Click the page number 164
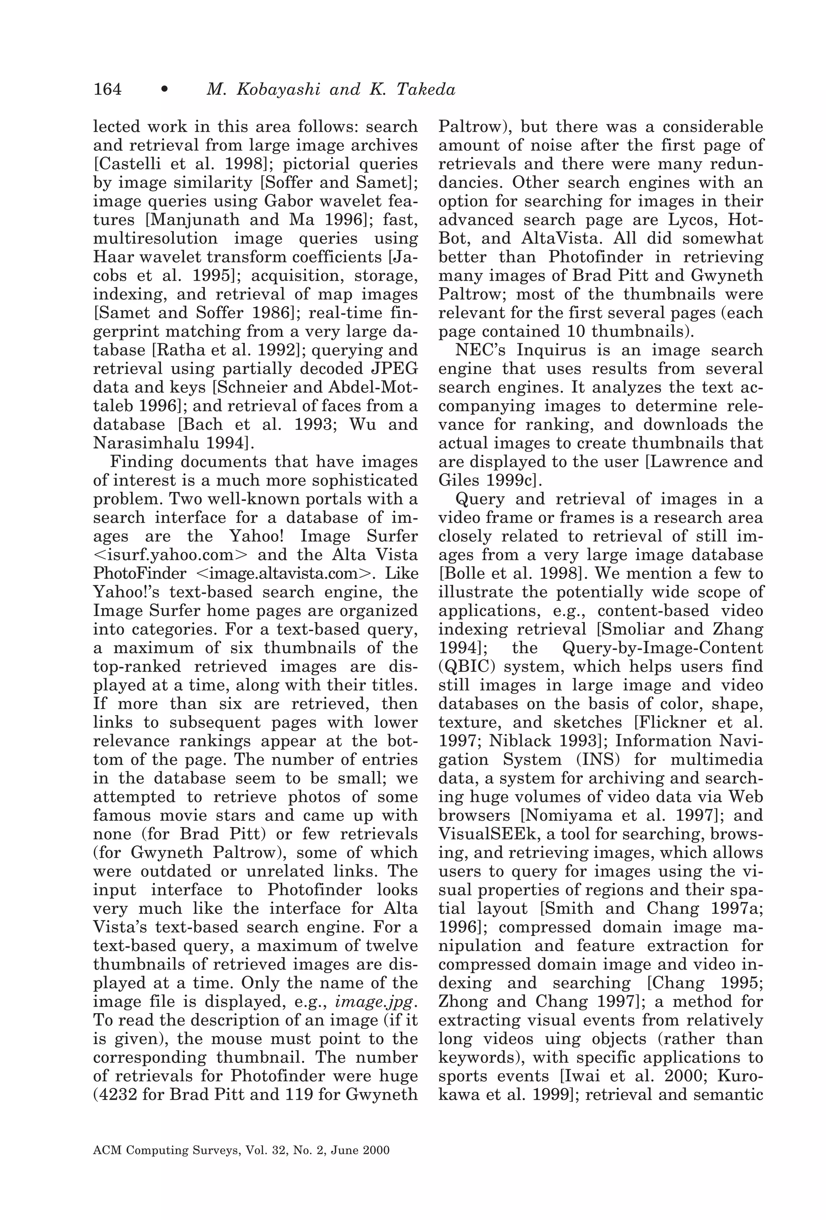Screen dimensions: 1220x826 click(107, 90)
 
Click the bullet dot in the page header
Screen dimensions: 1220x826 click(165, 90)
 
